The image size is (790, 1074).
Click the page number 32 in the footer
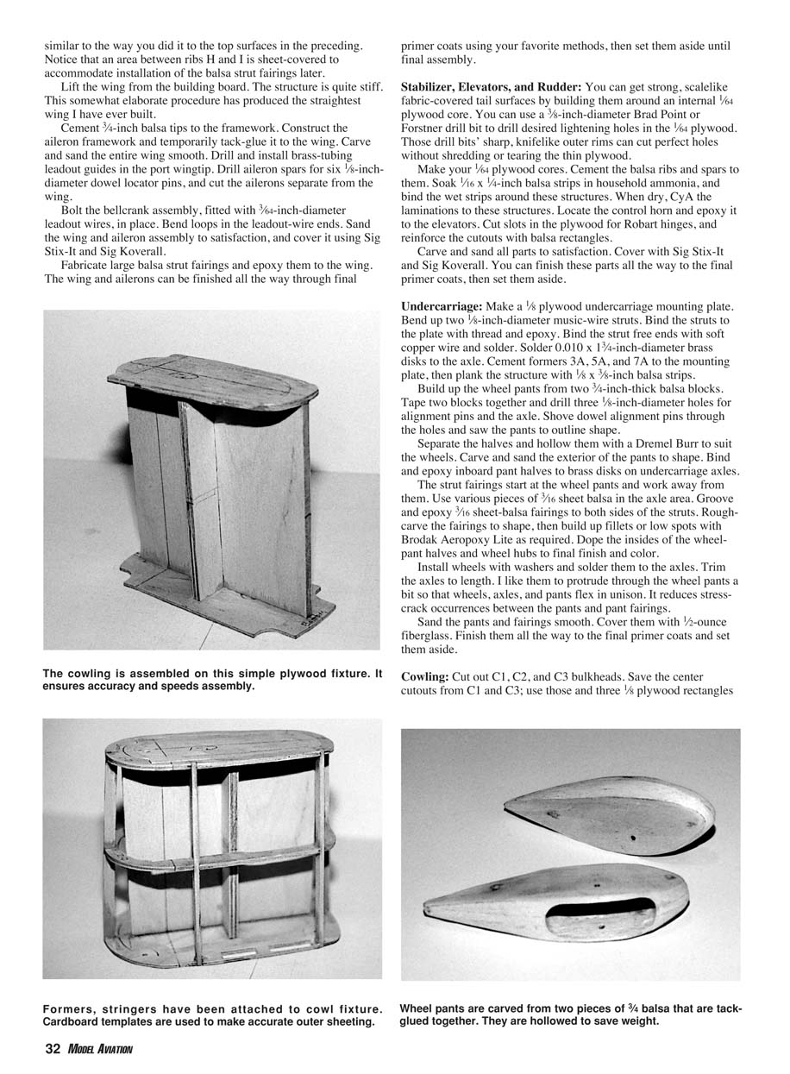click(51, 1049)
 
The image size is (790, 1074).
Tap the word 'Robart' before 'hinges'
click(607, 224)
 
